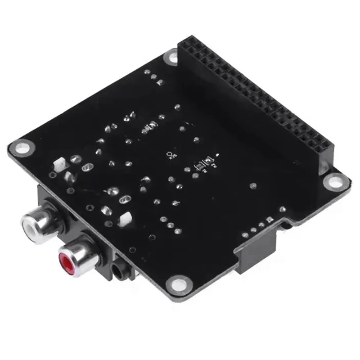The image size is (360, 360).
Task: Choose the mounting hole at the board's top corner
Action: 172,56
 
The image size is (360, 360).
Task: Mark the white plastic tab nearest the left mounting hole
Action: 59,164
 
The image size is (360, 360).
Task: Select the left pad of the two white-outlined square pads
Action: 198,165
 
